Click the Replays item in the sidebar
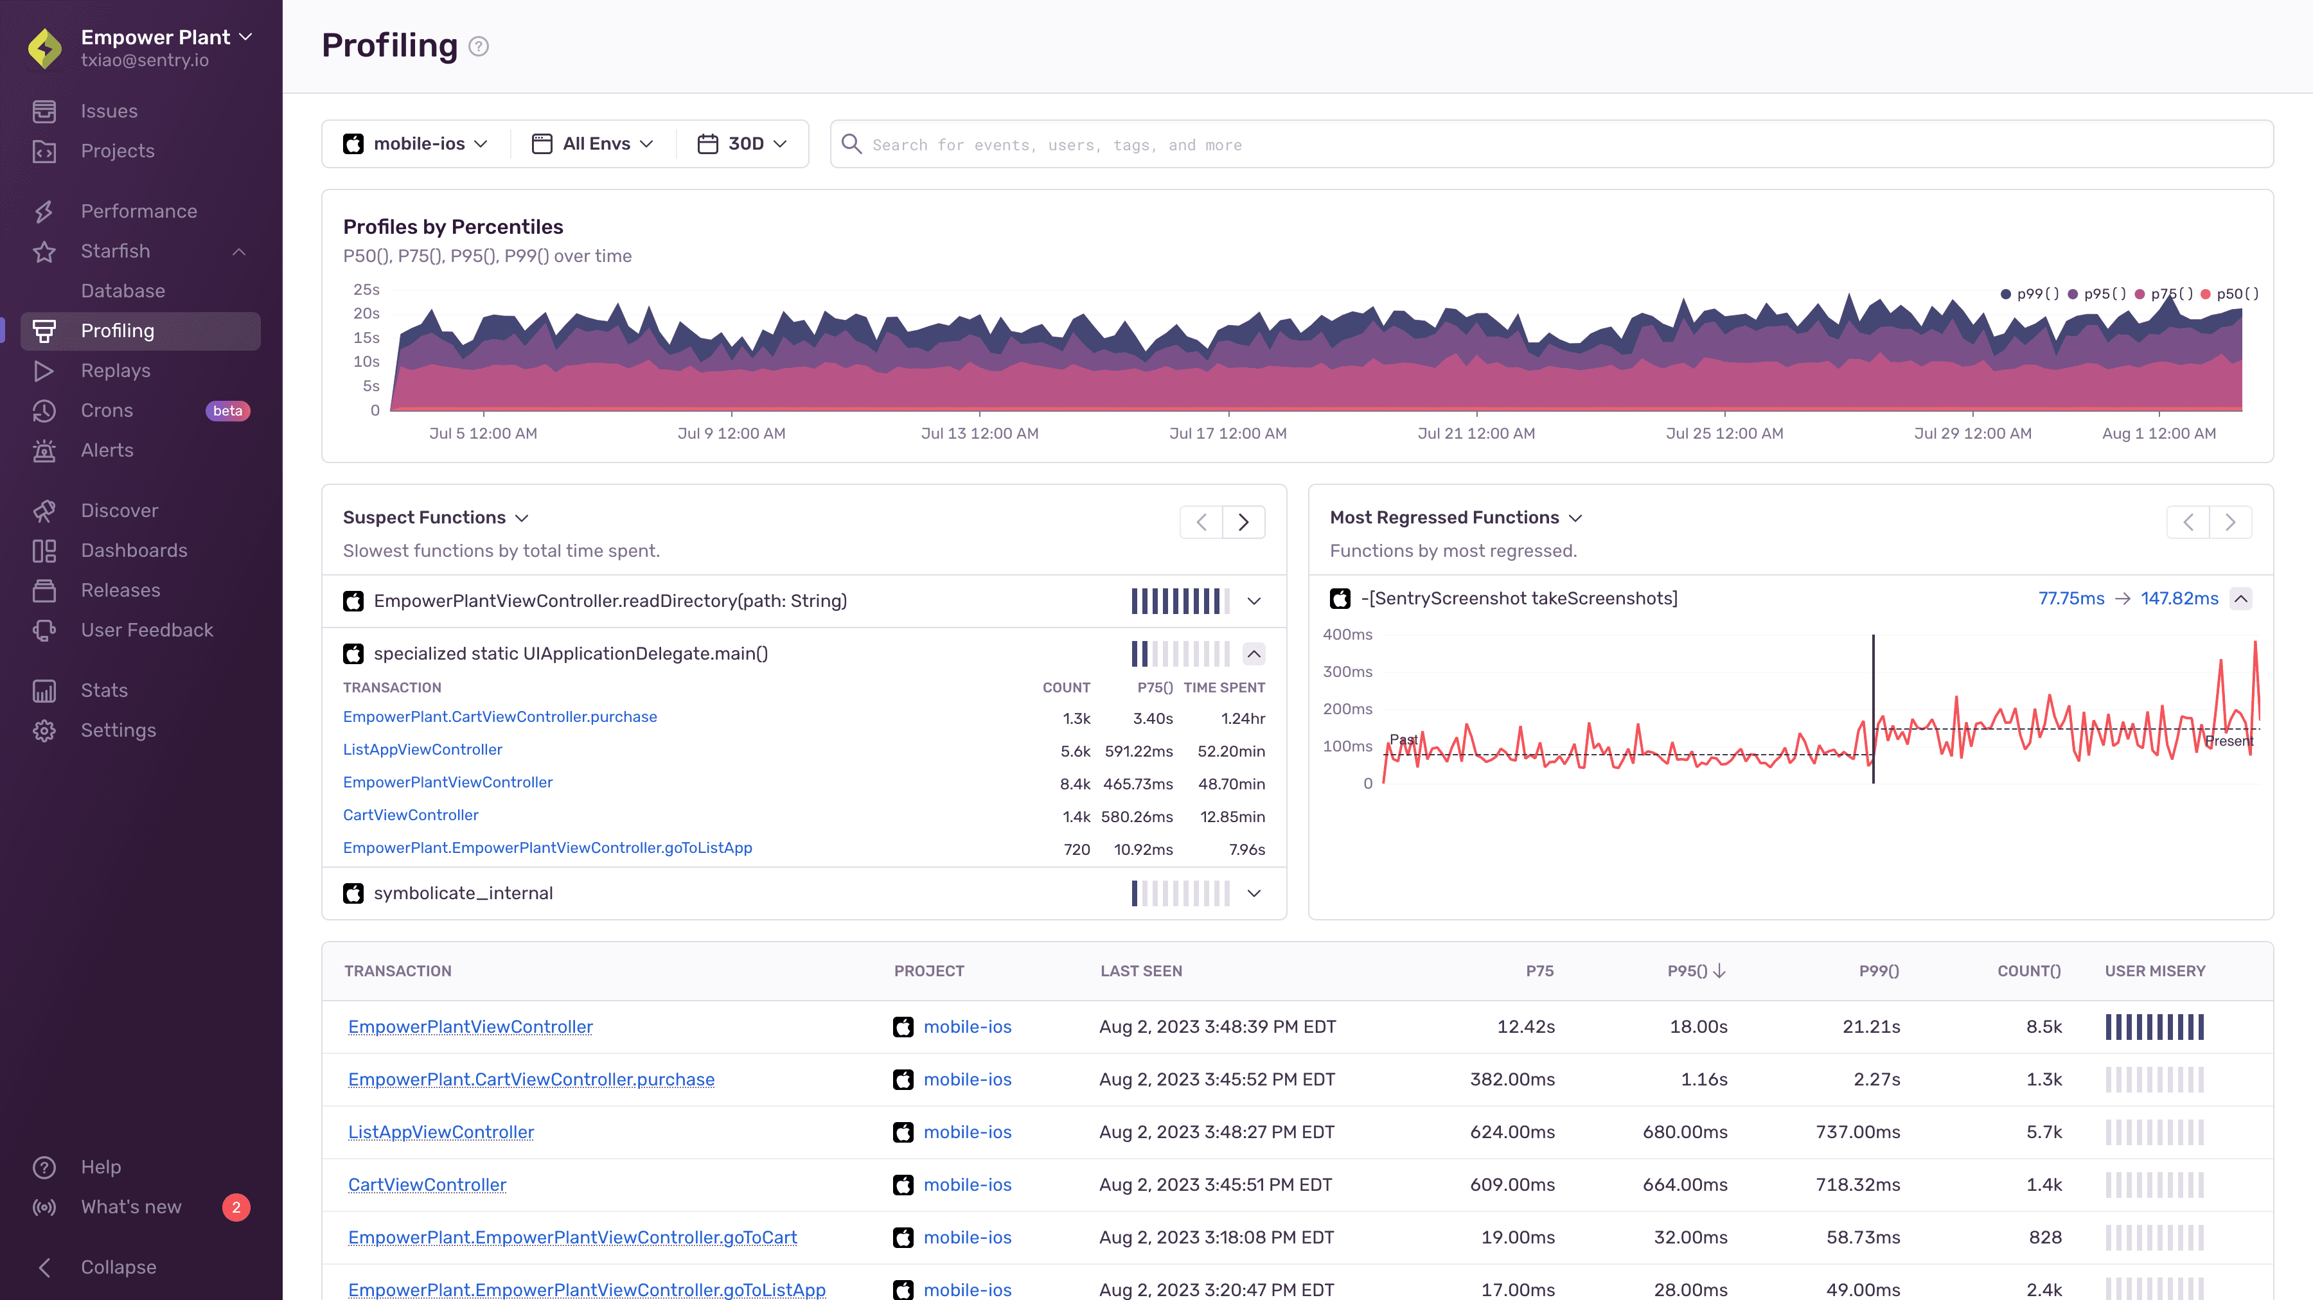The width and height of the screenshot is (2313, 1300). point(115,371)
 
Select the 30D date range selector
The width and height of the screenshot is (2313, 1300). point(743,144)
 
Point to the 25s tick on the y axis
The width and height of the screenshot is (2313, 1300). point(366,290)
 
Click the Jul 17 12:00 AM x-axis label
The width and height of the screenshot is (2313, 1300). point(1227,434)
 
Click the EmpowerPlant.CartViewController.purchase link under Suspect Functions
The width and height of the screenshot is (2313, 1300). point(499,716)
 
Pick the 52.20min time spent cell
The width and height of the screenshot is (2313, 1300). point(1231,751)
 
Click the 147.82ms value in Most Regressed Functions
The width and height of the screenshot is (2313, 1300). point(2179,599)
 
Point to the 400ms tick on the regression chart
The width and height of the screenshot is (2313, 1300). point(1347,635)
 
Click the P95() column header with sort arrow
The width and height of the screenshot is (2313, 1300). point(1696,971)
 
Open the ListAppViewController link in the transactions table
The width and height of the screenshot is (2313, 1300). point(441,1132)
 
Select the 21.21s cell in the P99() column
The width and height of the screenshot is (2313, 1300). point(1871,1027)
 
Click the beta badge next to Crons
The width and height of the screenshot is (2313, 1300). point(227,411)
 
